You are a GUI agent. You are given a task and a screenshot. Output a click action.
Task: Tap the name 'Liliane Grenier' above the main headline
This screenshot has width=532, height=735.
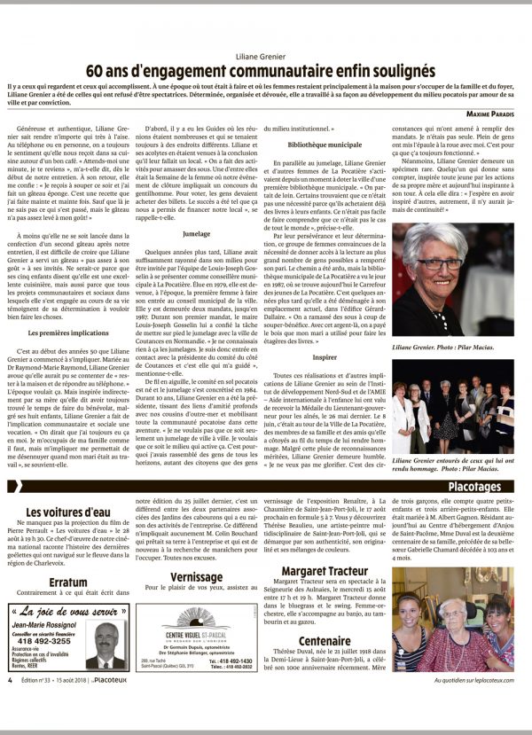pyautogui.click(x=266, y=54)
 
